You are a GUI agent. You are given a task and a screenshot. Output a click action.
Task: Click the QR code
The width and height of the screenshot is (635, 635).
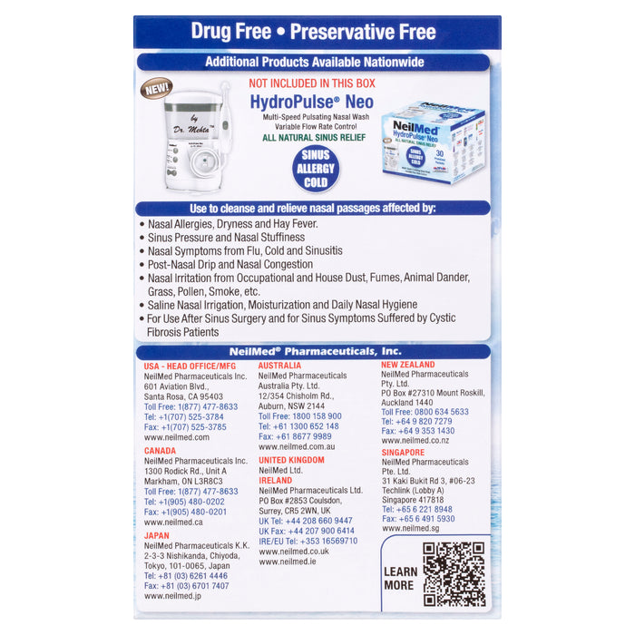[x=454, y=573]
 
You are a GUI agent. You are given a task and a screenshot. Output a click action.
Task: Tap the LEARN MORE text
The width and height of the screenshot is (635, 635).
[x=400, y=578]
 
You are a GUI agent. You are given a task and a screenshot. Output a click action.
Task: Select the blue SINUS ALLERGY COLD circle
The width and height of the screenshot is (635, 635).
[x=316, y=169]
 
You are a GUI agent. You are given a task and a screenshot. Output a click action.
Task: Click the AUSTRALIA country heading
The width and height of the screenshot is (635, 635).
[x=280, y=366]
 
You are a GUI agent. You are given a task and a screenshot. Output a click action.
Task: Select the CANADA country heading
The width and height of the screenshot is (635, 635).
[x=161, y=450]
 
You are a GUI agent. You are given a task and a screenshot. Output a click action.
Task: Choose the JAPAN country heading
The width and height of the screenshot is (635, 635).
[x=156, y=535]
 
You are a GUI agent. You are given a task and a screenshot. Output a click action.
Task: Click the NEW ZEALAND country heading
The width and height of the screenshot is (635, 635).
[x=407, y=365]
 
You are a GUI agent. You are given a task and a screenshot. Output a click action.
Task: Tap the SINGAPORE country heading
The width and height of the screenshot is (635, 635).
[x=403, y=452]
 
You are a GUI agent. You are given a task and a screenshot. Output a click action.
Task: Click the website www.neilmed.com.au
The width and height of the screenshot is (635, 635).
[x=297, y=446]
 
